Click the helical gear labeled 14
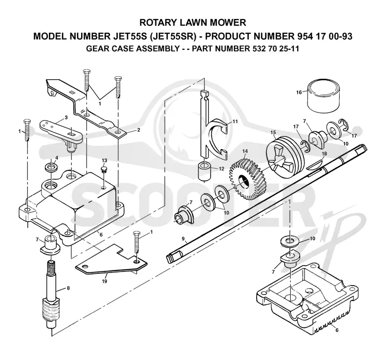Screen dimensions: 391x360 tap(248, 178)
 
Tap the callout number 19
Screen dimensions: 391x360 tap(105, 281)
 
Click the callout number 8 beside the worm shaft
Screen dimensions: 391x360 tap(68, 288)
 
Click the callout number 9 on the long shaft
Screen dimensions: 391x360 tap(183, 239)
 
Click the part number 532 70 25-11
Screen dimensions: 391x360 tap(274, 48)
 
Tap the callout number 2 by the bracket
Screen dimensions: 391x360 tap(139, 130)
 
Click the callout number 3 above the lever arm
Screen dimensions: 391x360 tap(66, 117)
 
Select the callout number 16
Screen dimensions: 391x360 tap(299, 92)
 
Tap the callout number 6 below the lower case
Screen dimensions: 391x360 tap(337, 330)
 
